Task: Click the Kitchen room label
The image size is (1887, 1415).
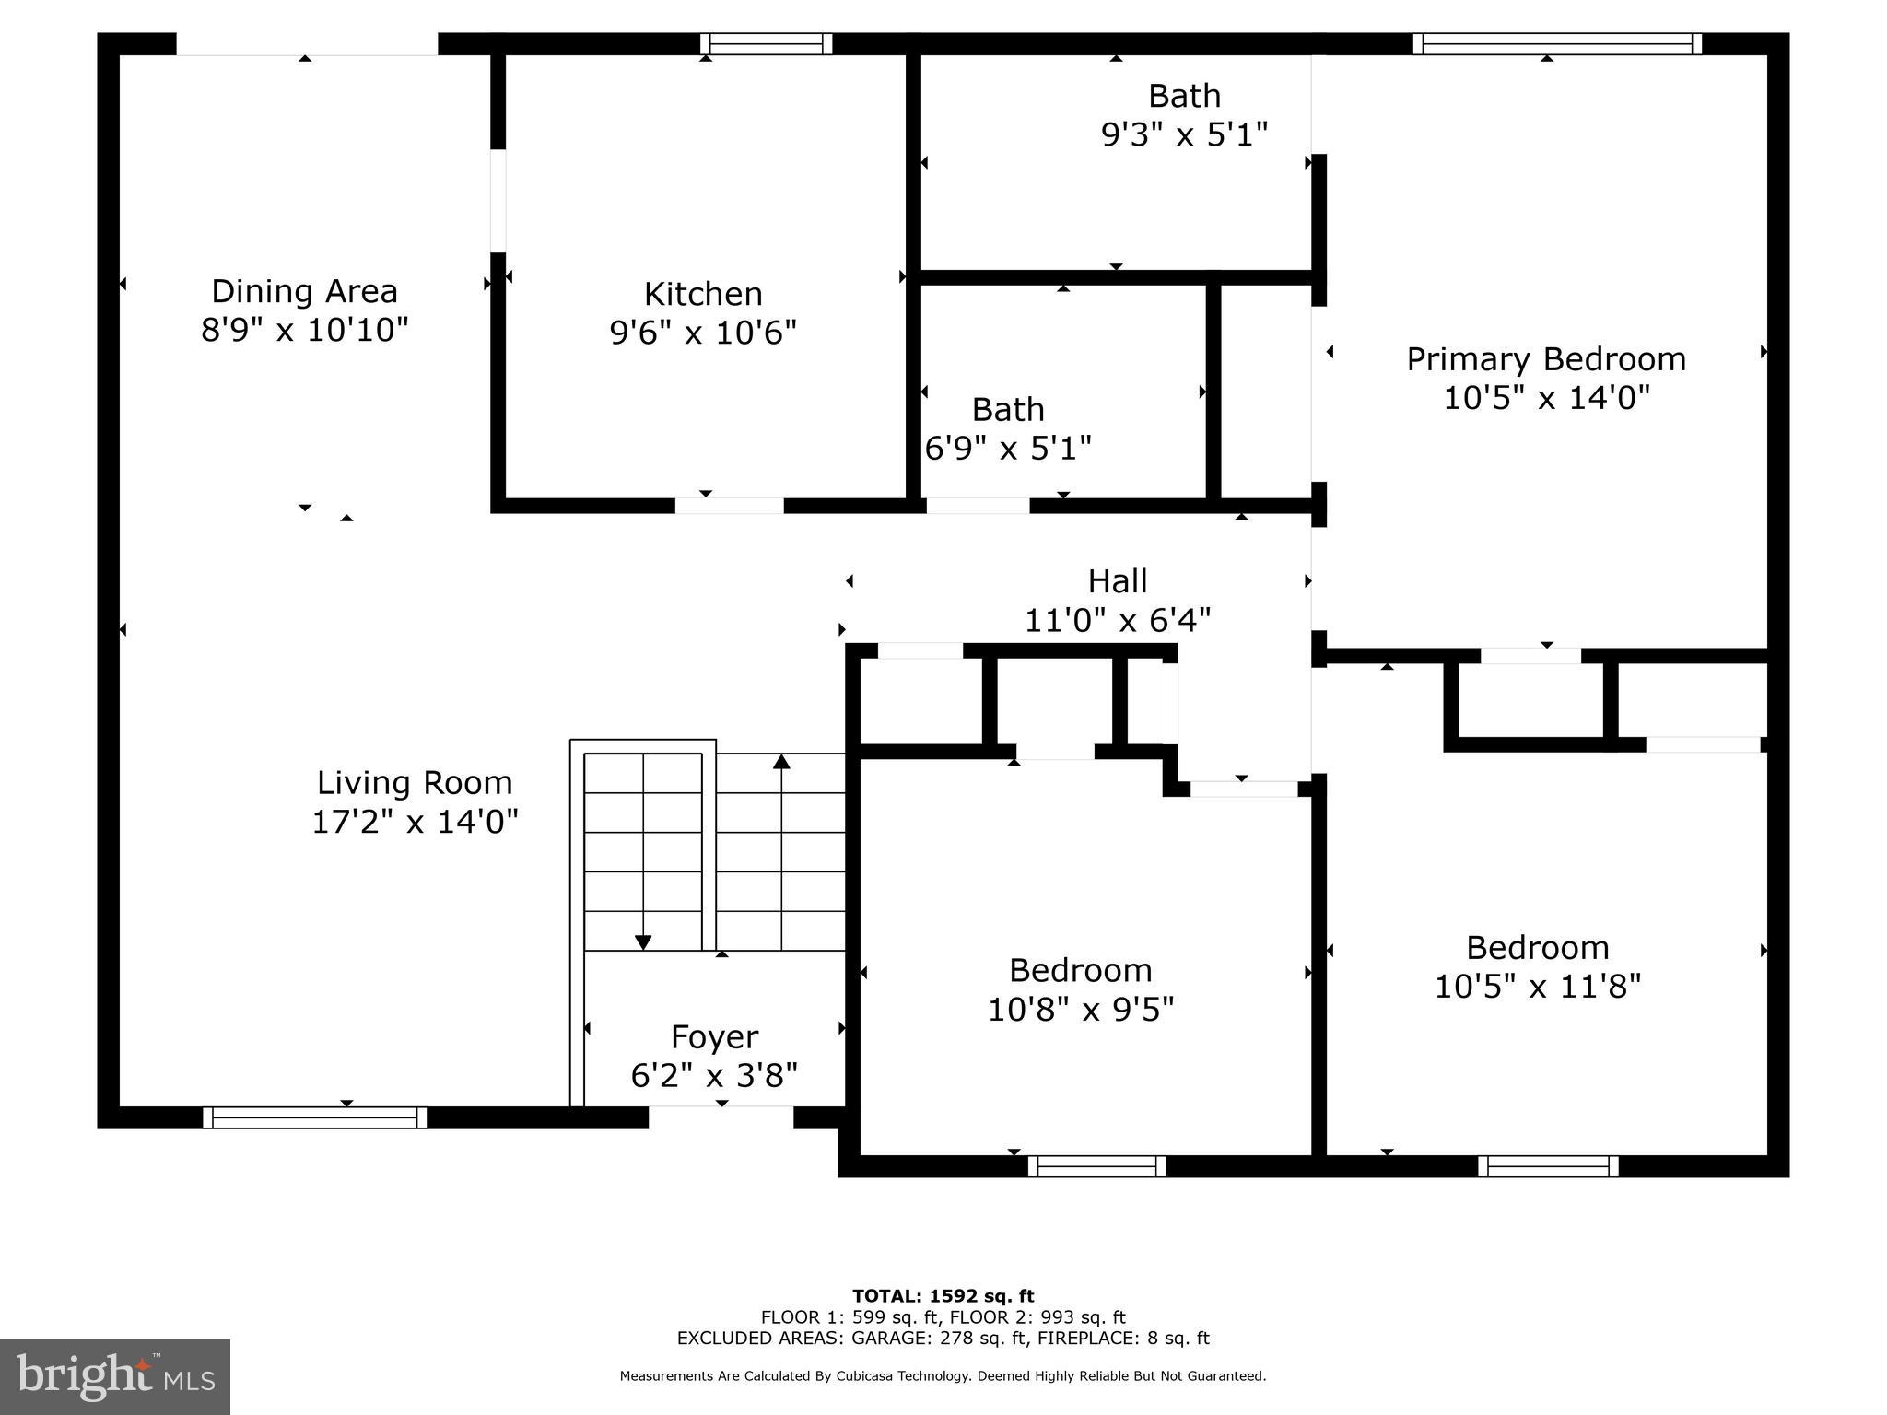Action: [703, 294]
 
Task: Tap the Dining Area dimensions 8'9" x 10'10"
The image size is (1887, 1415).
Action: [304, 330]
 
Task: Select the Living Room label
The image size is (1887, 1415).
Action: [415, 783]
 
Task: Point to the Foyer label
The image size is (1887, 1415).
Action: [714, 1036]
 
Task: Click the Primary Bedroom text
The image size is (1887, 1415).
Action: [1546, 359]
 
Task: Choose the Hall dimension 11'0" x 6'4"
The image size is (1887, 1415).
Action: [1117, 621]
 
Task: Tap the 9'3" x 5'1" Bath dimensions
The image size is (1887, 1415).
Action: [1184, 135]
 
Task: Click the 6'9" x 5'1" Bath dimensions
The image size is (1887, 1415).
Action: [1008, 449]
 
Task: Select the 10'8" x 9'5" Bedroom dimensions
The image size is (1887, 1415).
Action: [1080, 1010]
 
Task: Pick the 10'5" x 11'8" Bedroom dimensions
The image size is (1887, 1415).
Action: [1537, 987]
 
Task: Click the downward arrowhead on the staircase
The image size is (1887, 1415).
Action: [643, 941]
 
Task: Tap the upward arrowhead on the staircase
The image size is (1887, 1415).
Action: [781, 761]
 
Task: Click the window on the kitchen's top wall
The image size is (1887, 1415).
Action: [766, 43]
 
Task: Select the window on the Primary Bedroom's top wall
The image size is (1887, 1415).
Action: [1556, 43]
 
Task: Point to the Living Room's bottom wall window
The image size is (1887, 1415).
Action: [314, 1117]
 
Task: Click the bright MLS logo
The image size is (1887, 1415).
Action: [115, 1377]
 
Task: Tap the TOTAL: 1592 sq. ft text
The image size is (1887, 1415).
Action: [943, 1296]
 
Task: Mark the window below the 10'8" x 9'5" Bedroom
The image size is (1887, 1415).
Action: [1096, 1166]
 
